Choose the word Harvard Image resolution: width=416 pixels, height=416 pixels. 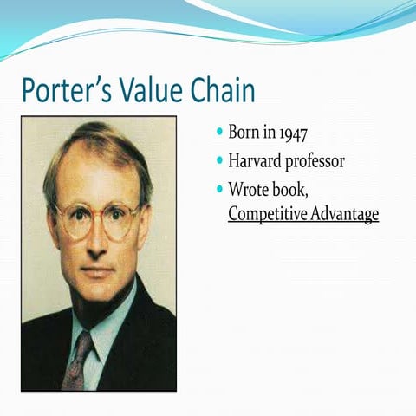(257, 160)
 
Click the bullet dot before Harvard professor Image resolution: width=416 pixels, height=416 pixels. (219, 160)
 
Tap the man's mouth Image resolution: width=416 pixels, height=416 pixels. (94, 271)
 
